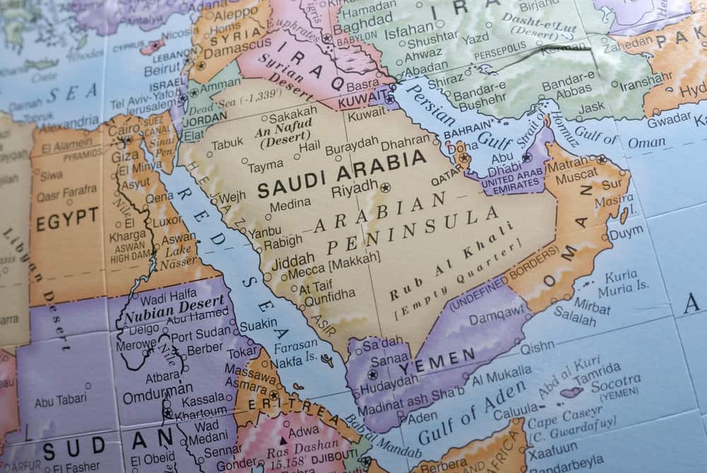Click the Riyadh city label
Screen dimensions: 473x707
point(355,188)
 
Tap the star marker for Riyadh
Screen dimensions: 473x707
point(385,188)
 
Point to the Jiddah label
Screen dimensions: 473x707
point(293,259)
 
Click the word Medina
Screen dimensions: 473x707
point(290,206)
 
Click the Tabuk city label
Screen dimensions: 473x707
point(227,144)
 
